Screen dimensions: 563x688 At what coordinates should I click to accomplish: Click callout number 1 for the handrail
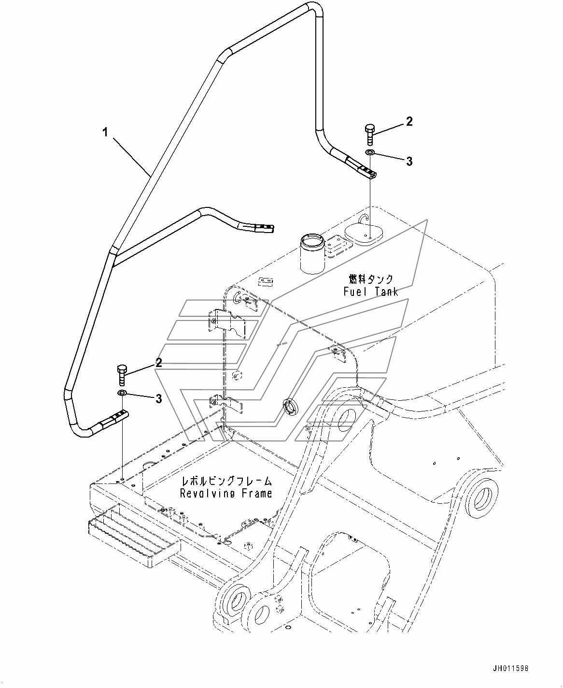pos(105,133)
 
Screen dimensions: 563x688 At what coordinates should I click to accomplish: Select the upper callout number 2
pos(409,121)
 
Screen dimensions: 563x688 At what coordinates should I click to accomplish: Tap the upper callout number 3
pos(409,161)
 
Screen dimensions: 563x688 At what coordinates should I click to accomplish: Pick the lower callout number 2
pos(159,363)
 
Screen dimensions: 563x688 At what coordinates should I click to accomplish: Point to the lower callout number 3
pos(159,398)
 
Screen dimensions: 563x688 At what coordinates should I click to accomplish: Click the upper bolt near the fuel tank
pos(370,134)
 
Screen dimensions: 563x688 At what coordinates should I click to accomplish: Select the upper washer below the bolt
pos(370,152)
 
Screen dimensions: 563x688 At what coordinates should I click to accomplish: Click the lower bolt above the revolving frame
pos(122,376)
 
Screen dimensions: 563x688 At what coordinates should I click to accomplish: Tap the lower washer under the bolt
pos(122,393)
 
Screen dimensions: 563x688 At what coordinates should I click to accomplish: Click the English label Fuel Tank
pos(371,292)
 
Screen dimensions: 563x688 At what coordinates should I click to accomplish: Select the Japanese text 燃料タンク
pos(371,279)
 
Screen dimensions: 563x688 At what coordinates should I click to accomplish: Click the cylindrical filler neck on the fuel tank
pos(312,253)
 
